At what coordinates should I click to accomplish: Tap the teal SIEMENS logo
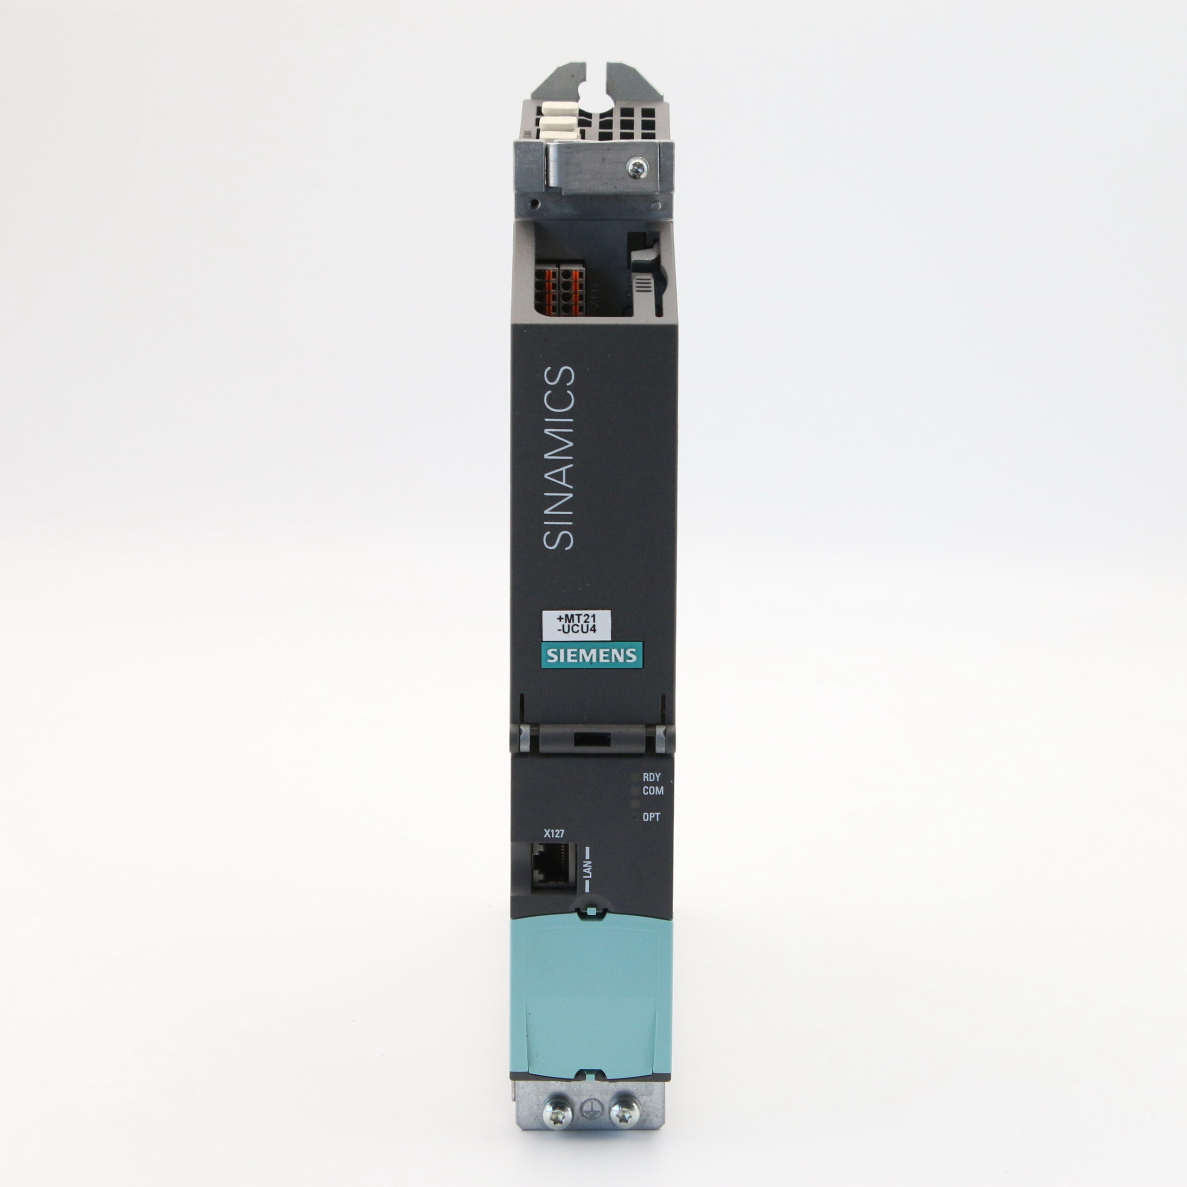(592, 656)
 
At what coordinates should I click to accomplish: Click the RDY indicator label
(651, 777)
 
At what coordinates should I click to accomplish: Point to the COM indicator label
(652, 791)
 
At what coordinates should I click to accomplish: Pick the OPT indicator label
(651, 817)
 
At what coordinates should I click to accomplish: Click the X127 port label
(554, 834)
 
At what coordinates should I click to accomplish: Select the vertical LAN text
(587, 869)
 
